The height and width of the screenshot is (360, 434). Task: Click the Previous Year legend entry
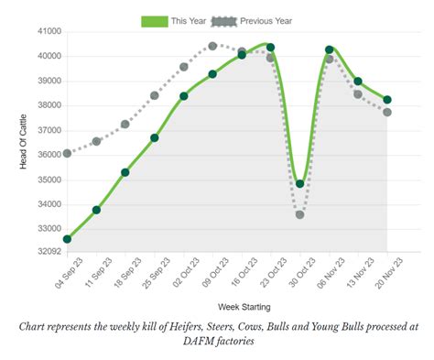(x=266, y=21)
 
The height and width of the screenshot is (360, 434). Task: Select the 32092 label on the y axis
(x=47, y=251)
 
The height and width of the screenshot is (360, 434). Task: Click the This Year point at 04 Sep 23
(x=67, y=239)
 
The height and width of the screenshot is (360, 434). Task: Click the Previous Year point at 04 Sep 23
(x=67, y=153)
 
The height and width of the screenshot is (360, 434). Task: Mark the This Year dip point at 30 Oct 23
(x=300, y=184)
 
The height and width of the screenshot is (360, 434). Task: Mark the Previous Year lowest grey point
(x=300, y=214)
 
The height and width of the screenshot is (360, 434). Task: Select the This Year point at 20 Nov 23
(x=387, y=100)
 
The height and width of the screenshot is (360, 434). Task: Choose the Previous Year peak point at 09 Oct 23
(x=212, y=46)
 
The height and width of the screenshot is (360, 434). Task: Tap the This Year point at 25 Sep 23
(x=155, y=137)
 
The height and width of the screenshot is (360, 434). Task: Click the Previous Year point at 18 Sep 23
(x=125, y=124)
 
